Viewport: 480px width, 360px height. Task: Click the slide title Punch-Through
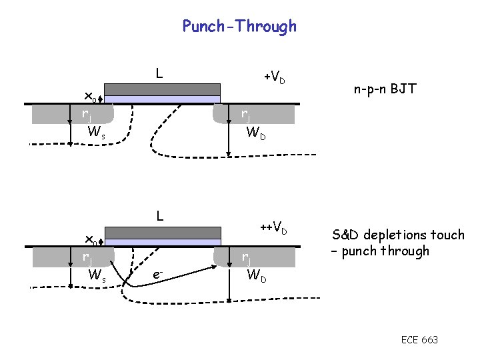(239, 27)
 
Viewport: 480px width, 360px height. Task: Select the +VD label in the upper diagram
(275, 77)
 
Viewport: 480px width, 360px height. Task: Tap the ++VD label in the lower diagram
(273, 229)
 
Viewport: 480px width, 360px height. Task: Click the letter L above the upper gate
(159, 72)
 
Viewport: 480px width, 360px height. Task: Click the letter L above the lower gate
(159, 216)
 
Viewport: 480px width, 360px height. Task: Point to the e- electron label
(157, 274)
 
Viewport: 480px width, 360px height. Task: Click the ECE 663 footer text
(419, 340)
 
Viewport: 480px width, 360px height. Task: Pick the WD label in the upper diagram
(256, 133)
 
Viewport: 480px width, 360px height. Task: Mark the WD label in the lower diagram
(256, 274)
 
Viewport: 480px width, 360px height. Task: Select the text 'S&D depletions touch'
(398, 235)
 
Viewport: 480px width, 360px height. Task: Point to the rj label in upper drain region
(245, 114)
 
